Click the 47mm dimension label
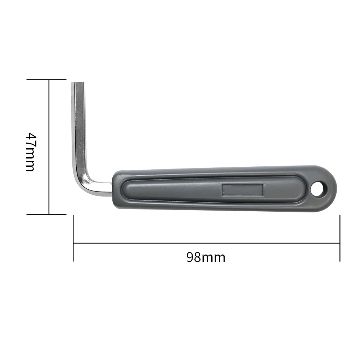click(x=31, y=152)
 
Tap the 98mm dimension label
click(x=206, y=257)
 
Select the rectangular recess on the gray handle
click(x=242, y=190)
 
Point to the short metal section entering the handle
click(x=103, y=188)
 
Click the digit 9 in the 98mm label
click(x=190, y=257)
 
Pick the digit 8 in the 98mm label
click(x=198, y=257)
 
